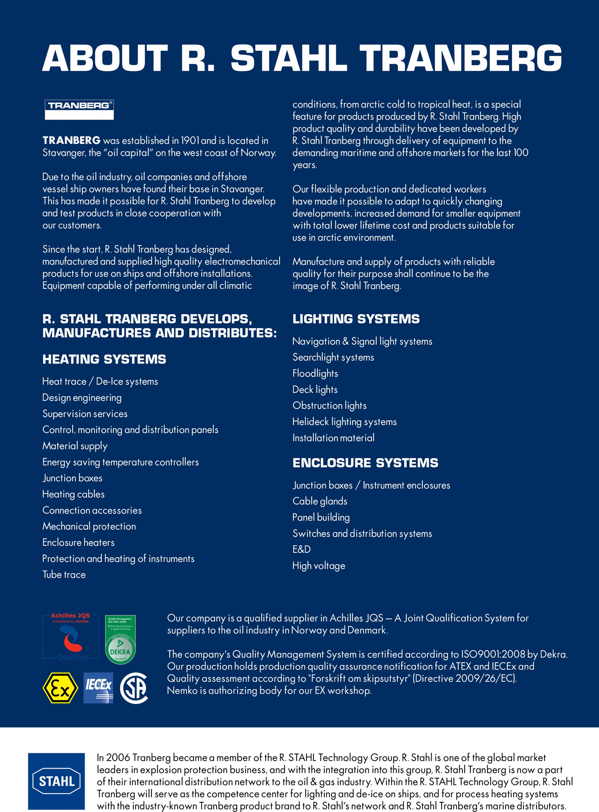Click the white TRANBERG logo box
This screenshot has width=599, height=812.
79,109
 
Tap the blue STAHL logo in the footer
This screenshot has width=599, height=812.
57,781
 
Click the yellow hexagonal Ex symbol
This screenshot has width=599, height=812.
60,688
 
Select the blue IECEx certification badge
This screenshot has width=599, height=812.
98,688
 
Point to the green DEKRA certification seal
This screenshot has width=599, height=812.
120,640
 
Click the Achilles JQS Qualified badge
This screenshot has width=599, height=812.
71,637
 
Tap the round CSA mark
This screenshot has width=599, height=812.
134,688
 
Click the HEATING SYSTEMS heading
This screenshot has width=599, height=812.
104,359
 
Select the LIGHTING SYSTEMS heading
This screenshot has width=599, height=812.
356,319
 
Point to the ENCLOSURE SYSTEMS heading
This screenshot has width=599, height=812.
365,463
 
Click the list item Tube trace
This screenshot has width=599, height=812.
64,574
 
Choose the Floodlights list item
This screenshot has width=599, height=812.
315,373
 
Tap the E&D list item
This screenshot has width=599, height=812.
301,549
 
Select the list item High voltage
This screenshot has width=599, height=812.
319,566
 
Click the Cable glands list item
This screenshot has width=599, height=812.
320,501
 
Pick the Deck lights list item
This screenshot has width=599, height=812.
315,389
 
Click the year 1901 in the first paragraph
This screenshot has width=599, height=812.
190,141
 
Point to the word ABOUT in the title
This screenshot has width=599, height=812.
105,58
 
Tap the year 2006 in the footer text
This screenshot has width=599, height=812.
118,757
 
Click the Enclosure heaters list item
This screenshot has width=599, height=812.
78,542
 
